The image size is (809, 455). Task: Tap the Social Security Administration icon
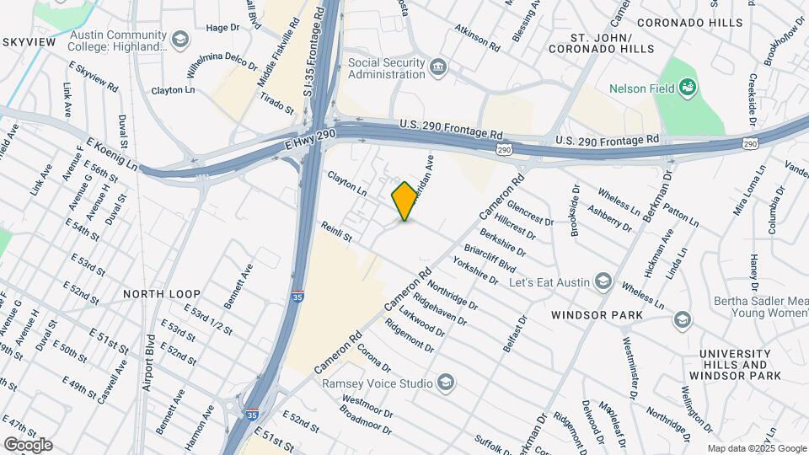pos(437,67)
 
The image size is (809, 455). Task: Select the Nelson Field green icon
pos(688,86)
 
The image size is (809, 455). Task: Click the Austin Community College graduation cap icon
pos(179,40)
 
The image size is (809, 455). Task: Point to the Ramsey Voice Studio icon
pos(444,383)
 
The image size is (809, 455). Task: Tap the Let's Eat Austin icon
pos(603,281)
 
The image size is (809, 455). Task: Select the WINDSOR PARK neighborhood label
pos(597,315)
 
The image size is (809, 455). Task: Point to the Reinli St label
pos(335,233)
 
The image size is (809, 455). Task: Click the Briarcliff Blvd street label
pos(489,258)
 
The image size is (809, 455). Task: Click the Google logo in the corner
pos(28,445)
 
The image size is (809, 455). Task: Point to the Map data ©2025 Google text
pos(757,449)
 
